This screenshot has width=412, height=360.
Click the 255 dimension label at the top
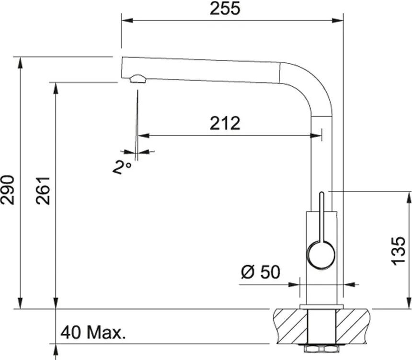click(225, 9)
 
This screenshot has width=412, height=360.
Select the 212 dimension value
click(225, 123)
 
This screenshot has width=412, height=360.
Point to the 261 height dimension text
click(43, 191)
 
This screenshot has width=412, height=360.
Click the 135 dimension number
click(398, 251)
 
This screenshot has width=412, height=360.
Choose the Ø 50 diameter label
click(261, 272)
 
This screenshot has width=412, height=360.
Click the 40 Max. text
click(93, 332)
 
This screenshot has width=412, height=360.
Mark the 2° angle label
click(122, 167)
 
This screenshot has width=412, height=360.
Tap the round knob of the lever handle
click(321, 255)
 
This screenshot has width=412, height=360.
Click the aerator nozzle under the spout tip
click(137, 78)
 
